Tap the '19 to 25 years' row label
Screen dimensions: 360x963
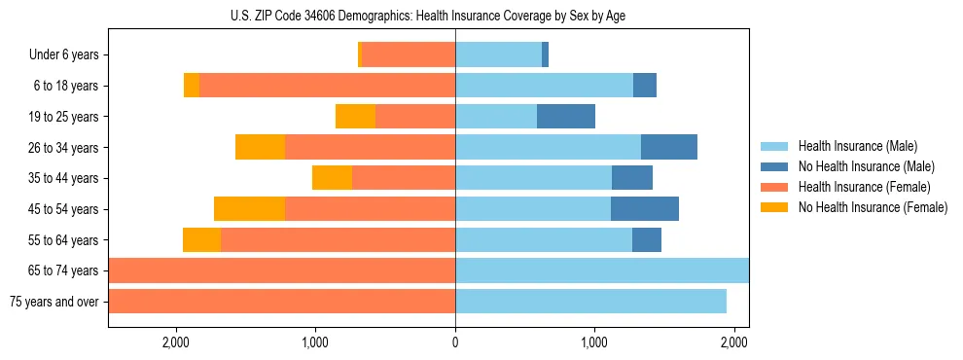[x=62, y=117]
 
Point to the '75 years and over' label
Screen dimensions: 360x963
[x=54, y=302]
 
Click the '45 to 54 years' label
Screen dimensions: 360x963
[x=62, y=209]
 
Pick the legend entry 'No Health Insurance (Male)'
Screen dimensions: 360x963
[x=866, y=166]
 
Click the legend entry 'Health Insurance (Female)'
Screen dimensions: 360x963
[x=864, y=187]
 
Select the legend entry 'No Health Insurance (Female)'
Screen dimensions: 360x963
[x=872, y=207]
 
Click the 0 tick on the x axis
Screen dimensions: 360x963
[x=455, y=342]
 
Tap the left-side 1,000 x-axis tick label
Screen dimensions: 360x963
[x=315, y=342]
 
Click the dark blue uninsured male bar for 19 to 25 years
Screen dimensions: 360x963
[x=566, y=117]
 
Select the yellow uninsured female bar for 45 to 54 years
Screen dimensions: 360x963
[x=249, y=209]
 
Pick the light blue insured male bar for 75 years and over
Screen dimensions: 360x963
[x=590, y=302]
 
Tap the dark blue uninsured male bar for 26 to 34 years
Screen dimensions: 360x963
[x=669, y=147]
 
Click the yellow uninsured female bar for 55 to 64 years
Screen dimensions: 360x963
[x=201, y=239]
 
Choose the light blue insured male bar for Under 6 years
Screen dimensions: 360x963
[x=498, y=55]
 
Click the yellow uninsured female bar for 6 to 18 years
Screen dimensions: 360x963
[x=192, y=86]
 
